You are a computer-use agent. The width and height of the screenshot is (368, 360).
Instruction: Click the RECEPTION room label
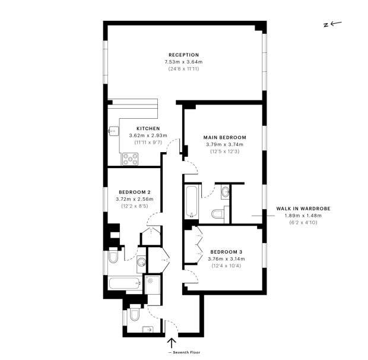click(184, 55)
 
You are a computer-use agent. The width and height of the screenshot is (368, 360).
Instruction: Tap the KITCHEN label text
click(148, 128)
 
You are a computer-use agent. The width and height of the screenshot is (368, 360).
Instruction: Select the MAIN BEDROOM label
click(224, 137)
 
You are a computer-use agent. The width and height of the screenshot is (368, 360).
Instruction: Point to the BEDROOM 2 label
click(135, 192)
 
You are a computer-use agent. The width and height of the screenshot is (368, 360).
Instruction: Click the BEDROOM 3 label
click(226, 252)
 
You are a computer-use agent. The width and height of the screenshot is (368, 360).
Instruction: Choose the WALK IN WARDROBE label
click(303, 209)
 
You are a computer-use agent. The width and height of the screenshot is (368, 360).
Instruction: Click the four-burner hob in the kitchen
click(130, 159)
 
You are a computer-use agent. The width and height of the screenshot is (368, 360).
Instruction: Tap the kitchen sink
click(114, 131)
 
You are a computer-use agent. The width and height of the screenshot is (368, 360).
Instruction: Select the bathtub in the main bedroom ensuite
click(192, 202)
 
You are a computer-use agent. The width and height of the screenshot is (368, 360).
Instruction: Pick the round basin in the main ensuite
click(226, 192)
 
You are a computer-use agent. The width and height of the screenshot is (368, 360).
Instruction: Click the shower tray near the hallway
click(153, 285)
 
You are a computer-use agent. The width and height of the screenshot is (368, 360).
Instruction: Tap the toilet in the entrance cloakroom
click(135, 314)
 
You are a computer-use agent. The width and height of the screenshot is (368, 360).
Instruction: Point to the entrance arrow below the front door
click(172, 343)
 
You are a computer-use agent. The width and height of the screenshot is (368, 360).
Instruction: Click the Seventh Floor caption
click(185, 352)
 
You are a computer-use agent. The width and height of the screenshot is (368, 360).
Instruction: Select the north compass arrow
click(336, 23)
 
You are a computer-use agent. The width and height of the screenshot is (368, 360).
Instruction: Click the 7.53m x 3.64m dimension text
click(183, 62)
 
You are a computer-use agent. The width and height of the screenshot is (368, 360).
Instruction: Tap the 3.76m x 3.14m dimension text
click(226, 259)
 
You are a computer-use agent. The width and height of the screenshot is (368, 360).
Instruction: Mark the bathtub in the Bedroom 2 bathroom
click(125, 283)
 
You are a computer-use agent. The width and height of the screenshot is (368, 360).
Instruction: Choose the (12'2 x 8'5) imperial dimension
click(135, 206)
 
